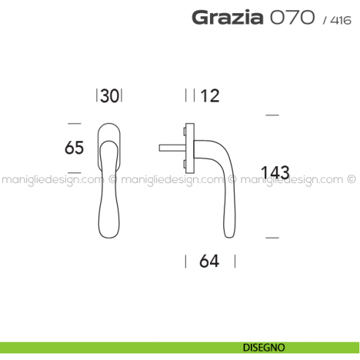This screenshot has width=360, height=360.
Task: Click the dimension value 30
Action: click(x=110, y=95)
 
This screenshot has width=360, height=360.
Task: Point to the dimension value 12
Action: click(x=209, y=95)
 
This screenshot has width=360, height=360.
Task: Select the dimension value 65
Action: click(x=75, y=147)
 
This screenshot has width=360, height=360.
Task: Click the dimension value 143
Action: click(x=275, y=173)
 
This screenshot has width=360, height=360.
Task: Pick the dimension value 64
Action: click(x=209, y=261)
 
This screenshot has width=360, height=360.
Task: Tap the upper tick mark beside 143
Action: click(x=271, y=116)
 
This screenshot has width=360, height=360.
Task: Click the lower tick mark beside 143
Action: click(x=271, y=238)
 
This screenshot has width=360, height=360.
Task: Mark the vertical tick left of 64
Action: click(x=185, y=261)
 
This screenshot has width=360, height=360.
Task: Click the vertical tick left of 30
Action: click(x=97, y=95)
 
